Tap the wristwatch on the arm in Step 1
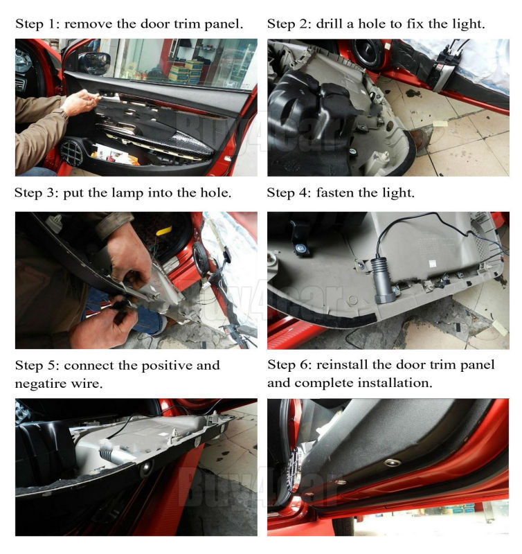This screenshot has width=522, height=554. (64, 115)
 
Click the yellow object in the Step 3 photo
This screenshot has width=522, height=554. (164, 231)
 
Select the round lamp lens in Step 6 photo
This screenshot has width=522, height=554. (392, 462)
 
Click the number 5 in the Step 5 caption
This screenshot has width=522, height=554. (51, 366)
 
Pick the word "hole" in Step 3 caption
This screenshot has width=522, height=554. (215, 193)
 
